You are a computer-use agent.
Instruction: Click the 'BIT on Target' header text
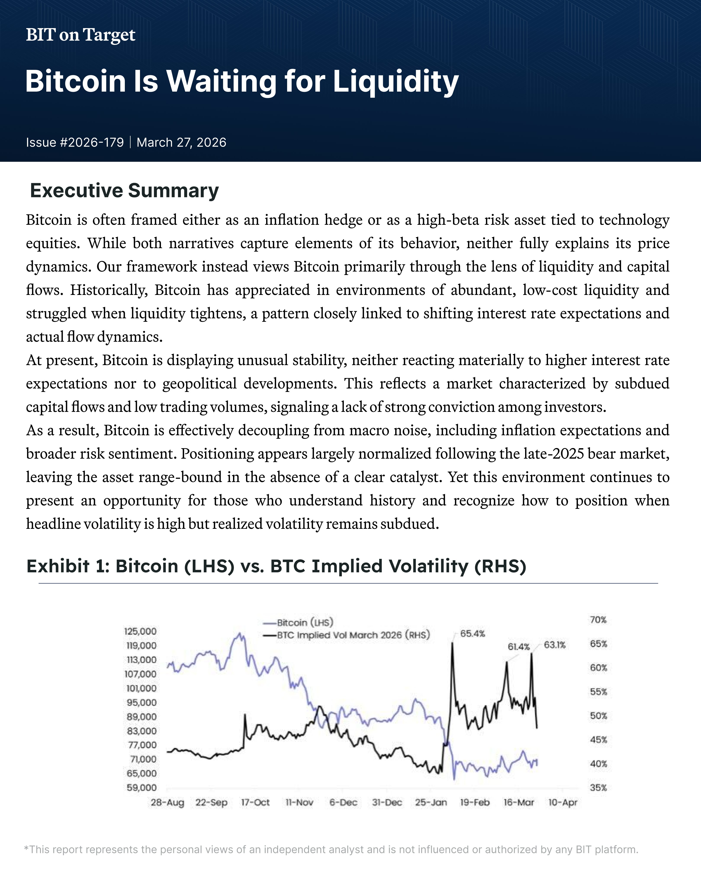click(80, 35)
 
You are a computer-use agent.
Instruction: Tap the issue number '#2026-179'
click(92, 142)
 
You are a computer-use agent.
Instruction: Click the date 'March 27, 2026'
click(181, 142)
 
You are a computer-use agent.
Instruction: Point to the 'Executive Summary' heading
click(124, 190)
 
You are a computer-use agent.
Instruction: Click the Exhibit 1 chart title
click(276, 566)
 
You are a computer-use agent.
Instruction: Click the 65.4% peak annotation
click(473, 634)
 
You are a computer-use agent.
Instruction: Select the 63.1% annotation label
click(554, 645)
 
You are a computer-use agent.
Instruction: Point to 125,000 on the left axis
click(140, 631)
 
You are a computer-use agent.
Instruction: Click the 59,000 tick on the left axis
click(141, 788)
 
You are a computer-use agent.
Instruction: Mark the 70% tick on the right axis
click(598, 620)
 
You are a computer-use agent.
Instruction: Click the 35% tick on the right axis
click(598, 788)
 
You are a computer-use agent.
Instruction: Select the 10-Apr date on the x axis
click(563, 803)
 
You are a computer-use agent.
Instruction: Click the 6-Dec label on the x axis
click(343, 803)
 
